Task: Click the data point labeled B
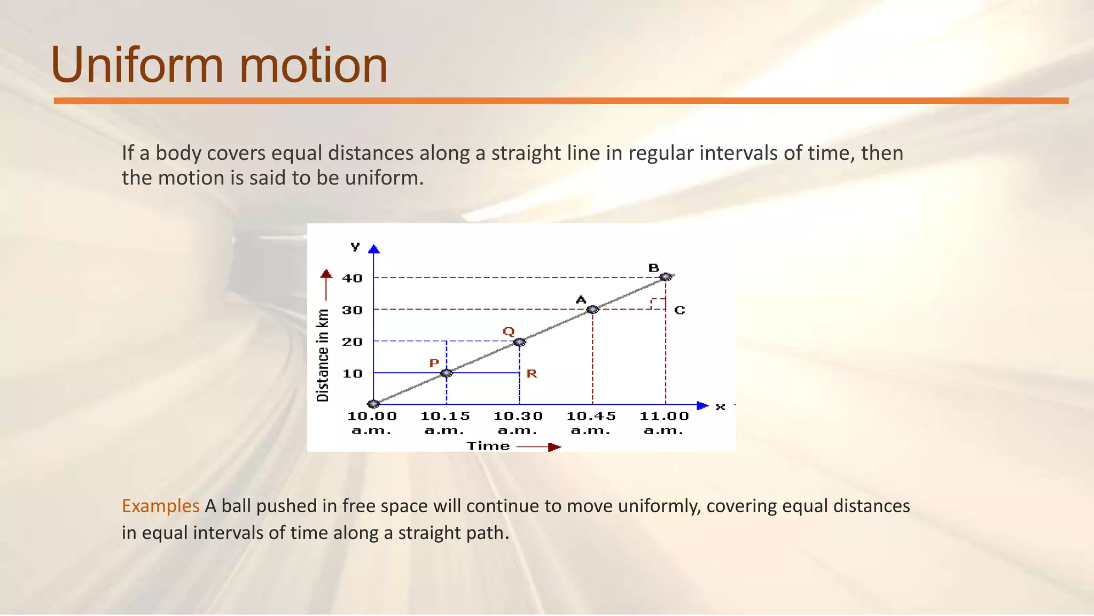(666, 277)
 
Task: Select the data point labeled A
(592, 310)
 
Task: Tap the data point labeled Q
(519, 342)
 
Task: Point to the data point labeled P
(447, 373)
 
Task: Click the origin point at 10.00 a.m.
(373, 404)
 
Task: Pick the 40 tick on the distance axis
(353, 279)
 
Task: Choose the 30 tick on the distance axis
(353, 310)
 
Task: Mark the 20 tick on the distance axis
(353, 342)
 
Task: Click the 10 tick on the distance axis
(353, 374)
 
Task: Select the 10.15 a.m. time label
(445, 423)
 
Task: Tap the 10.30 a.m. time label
(518, 423)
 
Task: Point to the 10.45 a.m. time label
(591, 423)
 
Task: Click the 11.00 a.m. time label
(664, 423)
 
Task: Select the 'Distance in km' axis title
(323, 355)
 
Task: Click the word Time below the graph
(488, 446)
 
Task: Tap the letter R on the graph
(532, 374)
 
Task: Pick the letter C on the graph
(679, 310)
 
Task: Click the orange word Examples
(160, 506)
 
